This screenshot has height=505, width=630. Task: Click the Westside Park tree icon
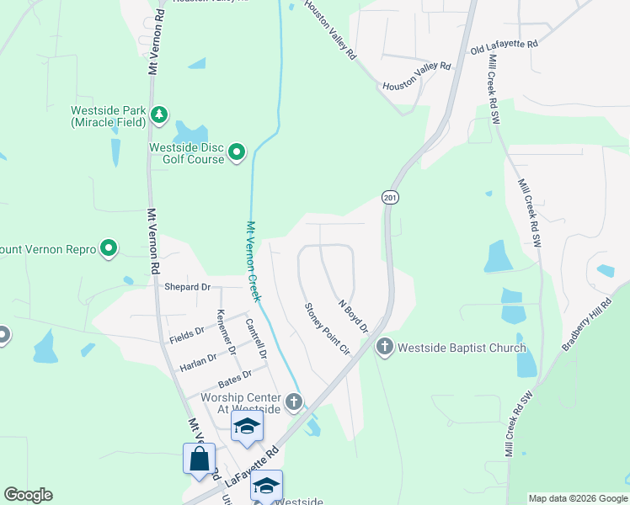[158, 114]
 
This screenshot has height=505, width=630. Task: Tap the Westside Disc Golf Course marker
[237, 152]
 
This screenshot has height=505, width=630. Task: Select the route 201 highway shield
[389, 197]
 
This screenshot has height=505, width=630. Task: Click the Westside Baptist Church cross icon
[384, 346]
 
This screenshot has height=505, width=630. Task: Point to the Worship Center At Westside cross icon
[293, 401]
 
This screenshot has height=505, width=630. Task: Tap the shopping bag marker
[199, 460]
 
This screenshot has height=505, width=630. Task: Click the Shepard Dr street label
[187, 287]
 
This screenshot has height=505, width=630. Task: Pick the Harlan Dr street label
[198, 361]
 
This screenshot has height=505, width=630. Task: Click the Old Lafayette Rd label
[504, 45]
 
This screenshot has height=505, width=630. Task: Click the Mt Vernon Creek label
[252, 260]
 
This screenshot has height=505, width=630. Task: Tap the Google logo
[28, 495]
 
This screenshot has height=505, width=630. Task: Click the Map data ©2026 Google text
[578, 498]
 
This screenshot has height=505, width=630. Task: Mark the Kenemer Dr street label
[226, 332]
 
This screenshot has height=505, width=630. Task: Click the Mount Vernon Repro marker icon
[108, 248]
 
